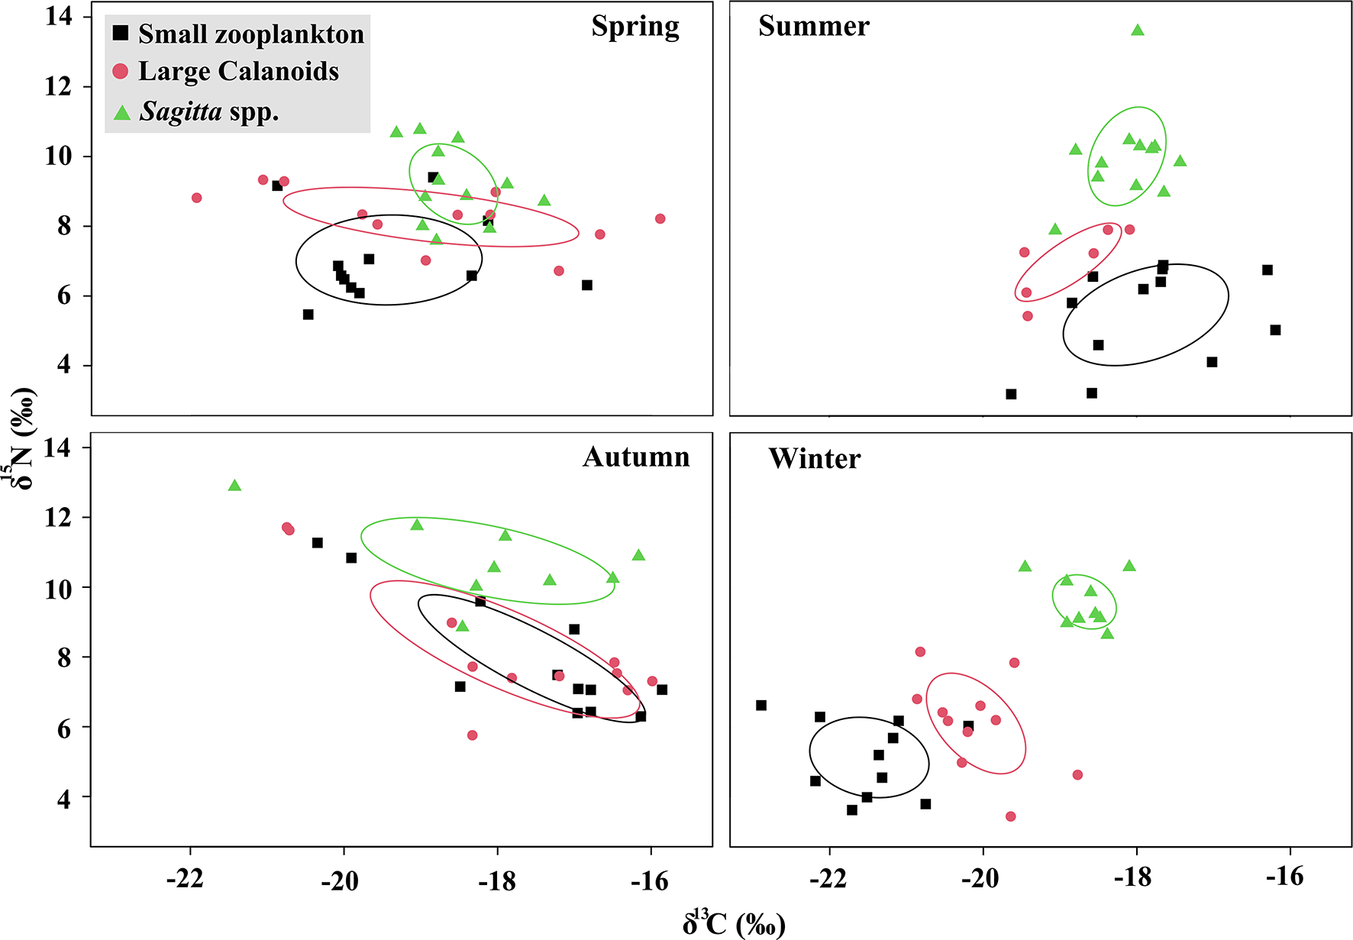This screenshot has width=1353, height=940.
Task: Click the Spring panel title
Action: [635, 27]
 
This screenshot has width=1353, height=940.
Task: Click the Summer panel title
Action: [813, 26]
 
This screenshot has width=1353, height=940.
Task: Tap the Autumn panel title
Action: [636, 457]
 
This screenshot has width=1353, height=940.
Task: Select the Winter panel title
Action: [814, 458]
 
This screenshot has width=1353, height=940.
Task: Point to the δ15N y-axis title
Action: [23, 439]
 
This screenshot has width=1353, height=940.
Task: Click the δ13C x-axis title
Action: [733, 923]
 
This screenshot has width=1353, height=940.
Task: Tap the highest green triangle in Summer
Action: [1138, 31]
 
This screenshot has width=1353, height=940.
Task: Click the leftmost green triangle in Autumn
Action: [234, 486]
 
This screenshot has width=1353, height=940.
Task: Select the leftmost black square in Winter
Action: [761, 706]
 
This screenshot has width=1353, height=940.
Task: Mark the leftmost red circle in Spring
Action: [197, 198]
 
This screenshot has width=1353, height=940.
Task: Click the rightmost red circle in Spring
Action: [660, 219]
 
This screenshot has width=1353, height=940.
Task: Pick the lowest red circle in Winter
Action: [1011, 816]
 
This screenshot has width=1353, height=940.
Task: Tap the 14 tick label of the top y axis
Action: [58, 16]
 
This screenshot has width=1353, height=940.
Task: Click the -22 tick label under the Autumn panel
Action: [186, 880]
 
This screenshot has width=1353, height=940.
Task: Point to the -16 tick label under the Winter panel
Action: [1285, 877]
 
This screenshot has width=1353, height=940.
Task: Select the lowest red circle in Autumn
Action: [472, 735]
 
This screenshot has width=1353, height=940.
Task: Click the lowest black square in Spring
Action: [308, 315]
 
